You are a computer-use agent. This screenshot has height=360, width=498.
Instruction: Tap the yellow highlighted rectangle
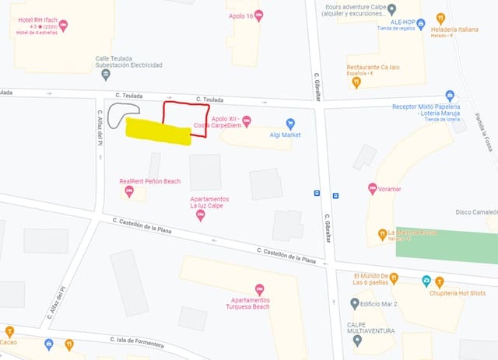click(159, 132)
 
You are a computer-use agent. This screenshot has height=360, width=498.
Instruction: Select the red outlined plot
click(185, 118)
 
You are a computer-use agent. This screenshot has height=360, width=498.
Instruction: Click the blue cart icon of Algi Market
click(291, 123)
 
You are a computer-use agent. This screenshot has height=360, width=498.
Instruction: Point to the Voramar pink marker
click(373, 188)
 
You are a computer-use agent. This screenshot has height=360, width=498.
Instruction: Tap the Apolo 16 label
click(241, 15)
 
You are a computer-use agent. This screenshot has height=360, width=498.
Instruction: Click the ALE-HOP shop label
click(403, 23)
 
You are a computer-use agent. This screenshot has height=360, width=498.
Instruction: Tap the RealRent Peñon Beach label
click(149, 181)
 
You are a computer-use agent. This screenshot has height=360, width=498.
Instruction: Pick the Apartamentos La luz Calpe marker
click(201, 215)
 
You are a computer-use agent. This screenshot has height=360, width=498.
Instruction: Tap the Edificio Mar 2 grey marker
click(355, 303)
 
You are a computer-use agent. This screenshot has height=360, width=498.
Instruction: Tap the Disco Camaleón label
click(475, 211)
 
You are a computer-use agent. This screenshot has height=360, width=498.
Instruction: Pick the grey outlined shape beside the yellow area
click(121, 115)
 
